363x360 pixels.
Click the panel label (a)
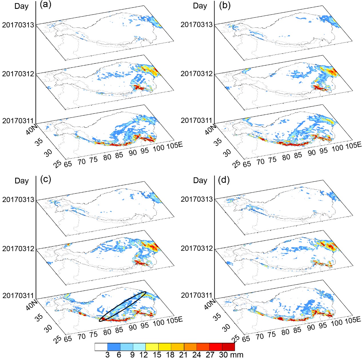pos(45,5)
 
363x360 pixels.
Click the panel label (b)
pos(224,5)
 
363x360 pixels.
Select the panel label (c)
pos(46,179)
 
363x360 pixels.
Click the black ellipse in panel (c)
pos(123,306)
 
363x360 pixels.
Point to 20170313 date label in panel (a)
pos(18,25)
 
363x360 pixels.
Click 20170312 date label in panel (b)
pos(197,74)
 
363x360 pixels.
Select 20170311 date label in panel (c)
pos(18,295)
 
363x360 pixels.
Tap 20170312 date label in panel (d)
pos(197,248)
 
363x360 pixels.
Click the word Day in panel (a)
pos(21,6)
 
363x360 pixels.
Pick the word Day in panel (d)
pos(200,180)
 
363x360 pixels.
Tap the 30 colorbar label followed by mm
pos(223,355)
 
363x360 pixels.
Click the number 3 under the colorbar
pos(107,355)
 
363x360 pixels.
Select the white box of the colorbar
pos(101,347)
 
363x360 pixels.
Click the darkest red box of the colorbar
pos(228,347)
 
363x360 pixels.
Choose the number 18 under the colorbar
pos(170,355)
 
